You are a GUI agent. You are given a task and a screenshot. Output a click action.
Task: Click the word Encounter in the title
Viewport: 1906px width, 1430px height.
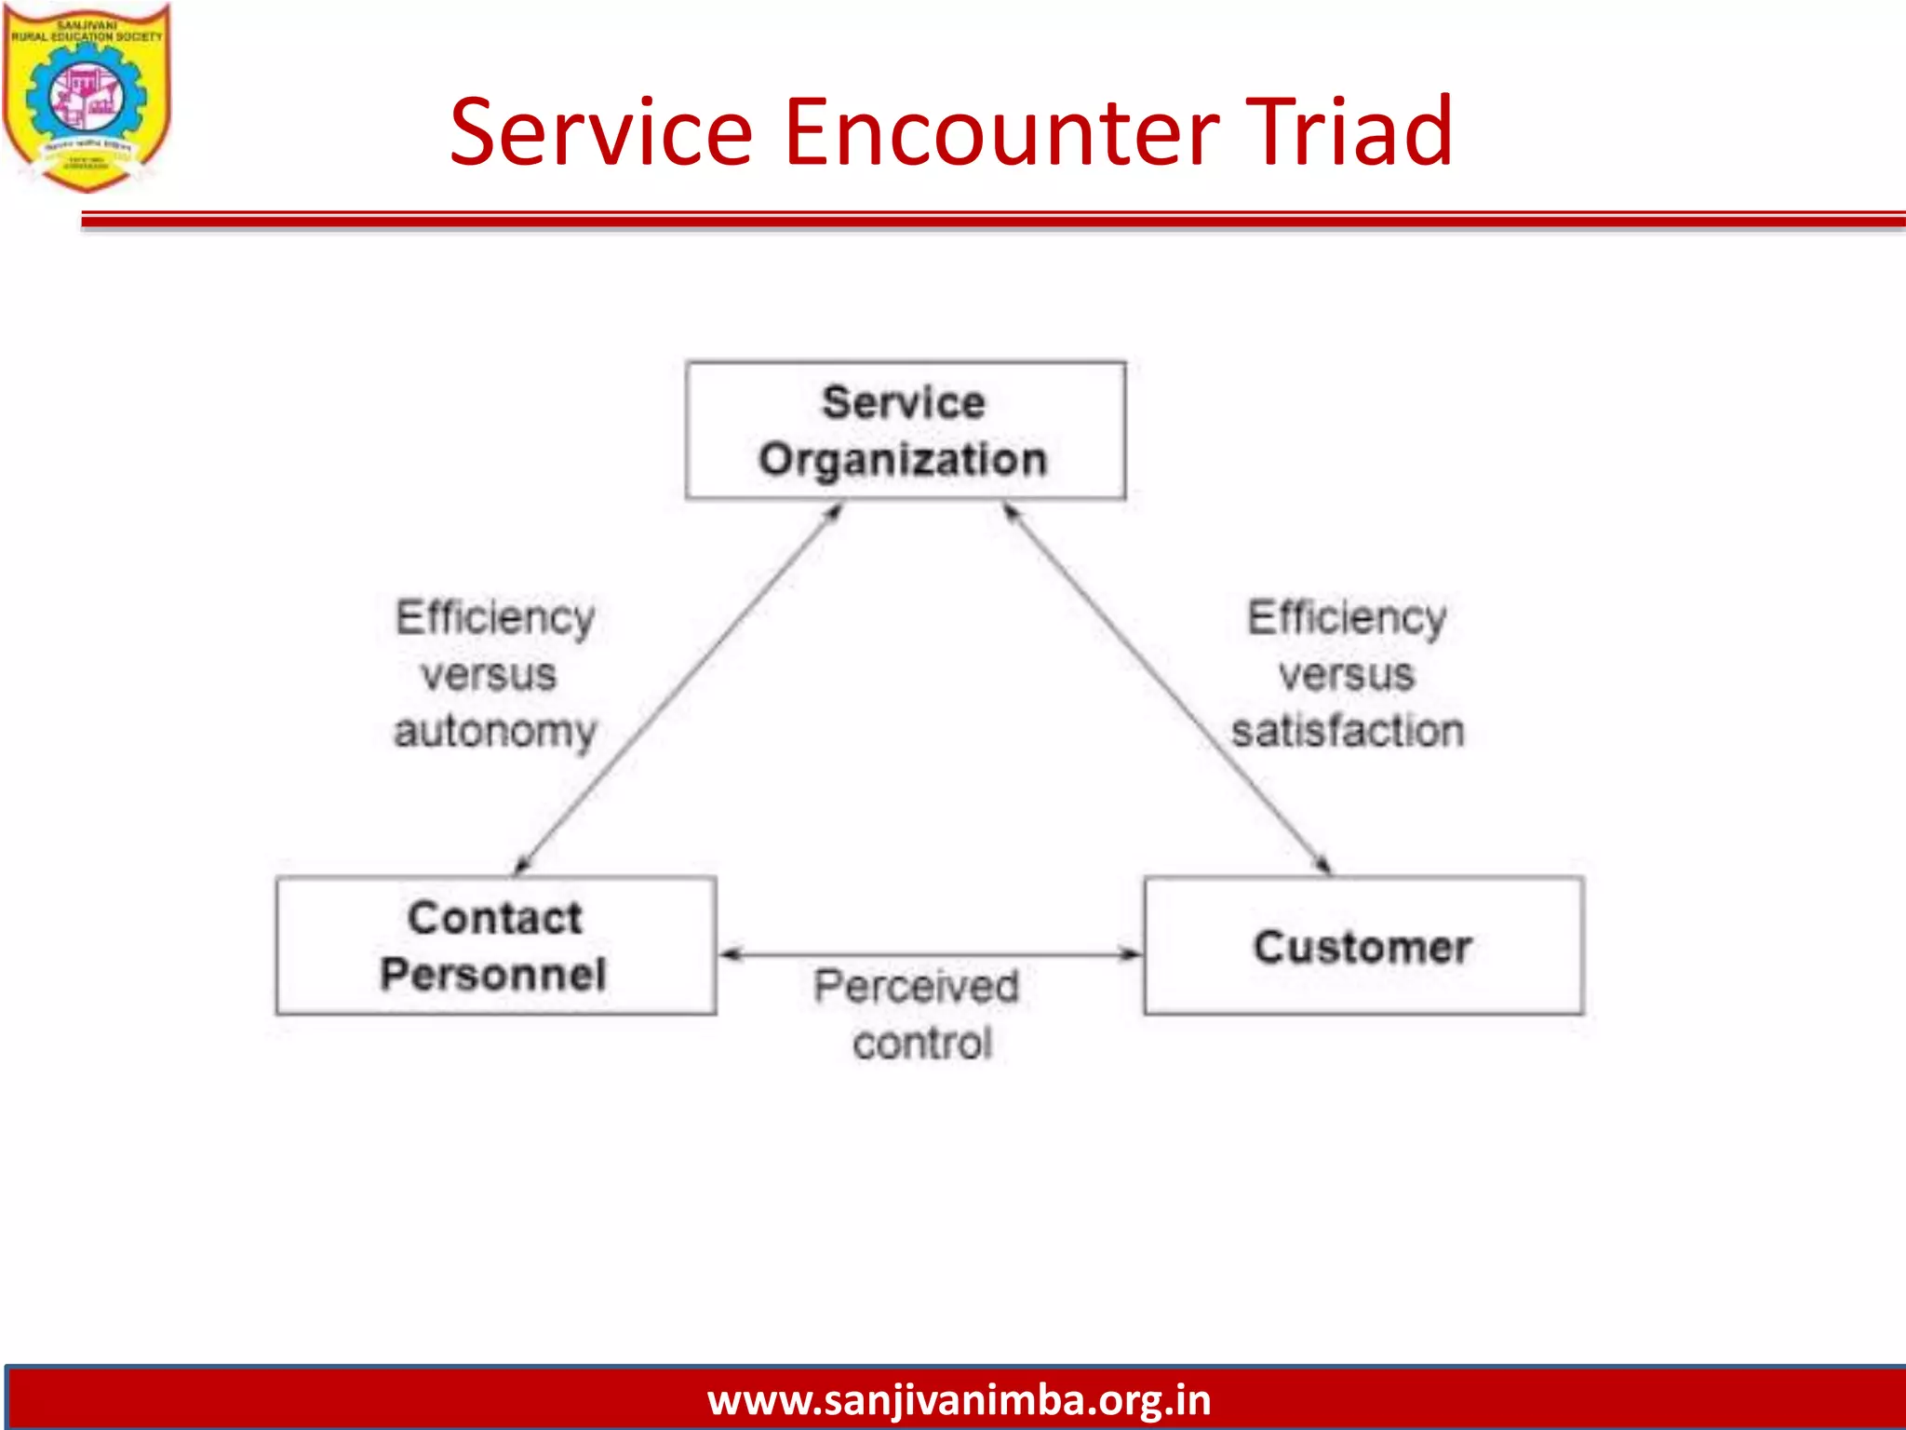(x=1000, y=132)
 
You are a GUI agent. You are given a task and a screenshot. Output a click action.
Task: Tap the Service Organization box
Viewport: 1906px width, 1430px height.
(x=905, y=430)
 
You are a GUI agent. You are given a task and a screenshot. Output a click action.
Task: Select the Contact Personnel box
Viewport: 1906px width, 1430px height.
(x=495, y=946)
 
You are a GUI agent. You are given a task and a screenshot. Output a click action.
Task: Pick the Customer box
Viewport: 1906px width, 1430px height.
(x=1363, y=946)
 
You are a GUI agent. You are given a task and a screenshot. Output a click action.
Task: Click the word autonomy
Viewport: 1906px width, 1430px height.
(x=495, y=732)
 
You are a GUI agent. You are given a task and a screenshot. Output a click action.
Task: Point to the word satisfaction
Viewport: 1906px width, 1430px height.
(x=1347, y=730)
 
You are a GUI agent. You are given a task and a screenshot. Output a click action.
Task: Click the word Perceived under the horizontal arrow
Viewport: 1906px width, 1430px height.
(x=917, y=987)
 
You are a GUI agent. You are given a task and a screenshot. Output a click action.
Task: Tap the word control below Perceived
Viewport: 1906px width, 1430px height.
(x=922, y=1044)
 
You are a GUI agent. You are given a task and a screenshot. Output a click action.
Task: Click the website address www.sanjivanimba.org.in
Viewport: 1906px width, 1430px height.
(x=959, y=1400)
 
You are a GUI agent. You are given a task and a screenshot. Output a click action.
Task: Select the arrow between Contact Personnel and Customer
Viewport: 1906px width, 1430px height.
(x=931, y=954)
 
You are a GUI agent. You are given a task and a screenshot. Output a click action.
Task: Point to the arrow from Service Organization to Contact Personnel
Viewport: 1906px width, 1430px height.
(x=679, y=689)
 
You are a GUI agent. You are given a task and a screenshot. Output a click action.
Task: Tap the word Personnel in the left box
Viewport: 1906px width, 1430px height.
(x=493, y=975)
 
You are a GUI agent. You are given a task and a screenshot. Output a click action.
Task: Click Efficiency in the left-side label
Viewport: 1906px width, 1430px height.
(x=495, y=618)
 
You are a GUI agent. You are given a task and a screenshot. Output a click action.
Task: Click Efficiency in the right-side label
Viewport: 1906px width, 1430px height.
(x=1347, y=618)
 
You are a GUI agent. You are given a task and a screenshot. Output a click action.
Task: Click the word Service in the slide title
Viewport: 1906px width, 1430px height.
(x=601, y=132)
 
